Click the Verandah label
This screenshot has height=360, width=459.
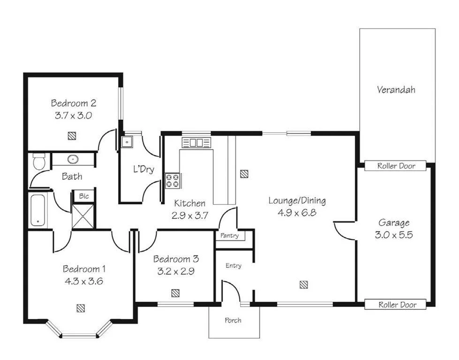tap(396, 90)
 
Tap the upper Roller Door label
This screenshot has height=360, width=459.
tap(396, 166)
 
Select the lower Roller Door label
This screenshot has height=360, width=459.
tap(396, 305)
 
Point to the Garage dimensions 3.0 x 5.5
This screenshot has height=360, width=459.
tap(394, 235)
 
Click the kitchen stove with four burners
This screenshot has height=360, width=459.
tap(173, 180)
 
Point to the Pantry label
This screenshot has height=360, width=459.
tap(229, 236)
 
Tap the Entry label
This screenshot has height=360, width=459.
tap(233, 266)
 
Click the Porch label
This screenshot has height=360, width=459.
tap(233, 321)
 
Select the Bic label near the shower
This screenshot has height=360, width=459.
tap(83, 196)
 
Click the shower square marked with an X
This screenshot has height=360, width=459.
tap(83, 216)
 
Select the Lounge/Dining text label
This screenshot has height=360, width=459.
tap(297, 201)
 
